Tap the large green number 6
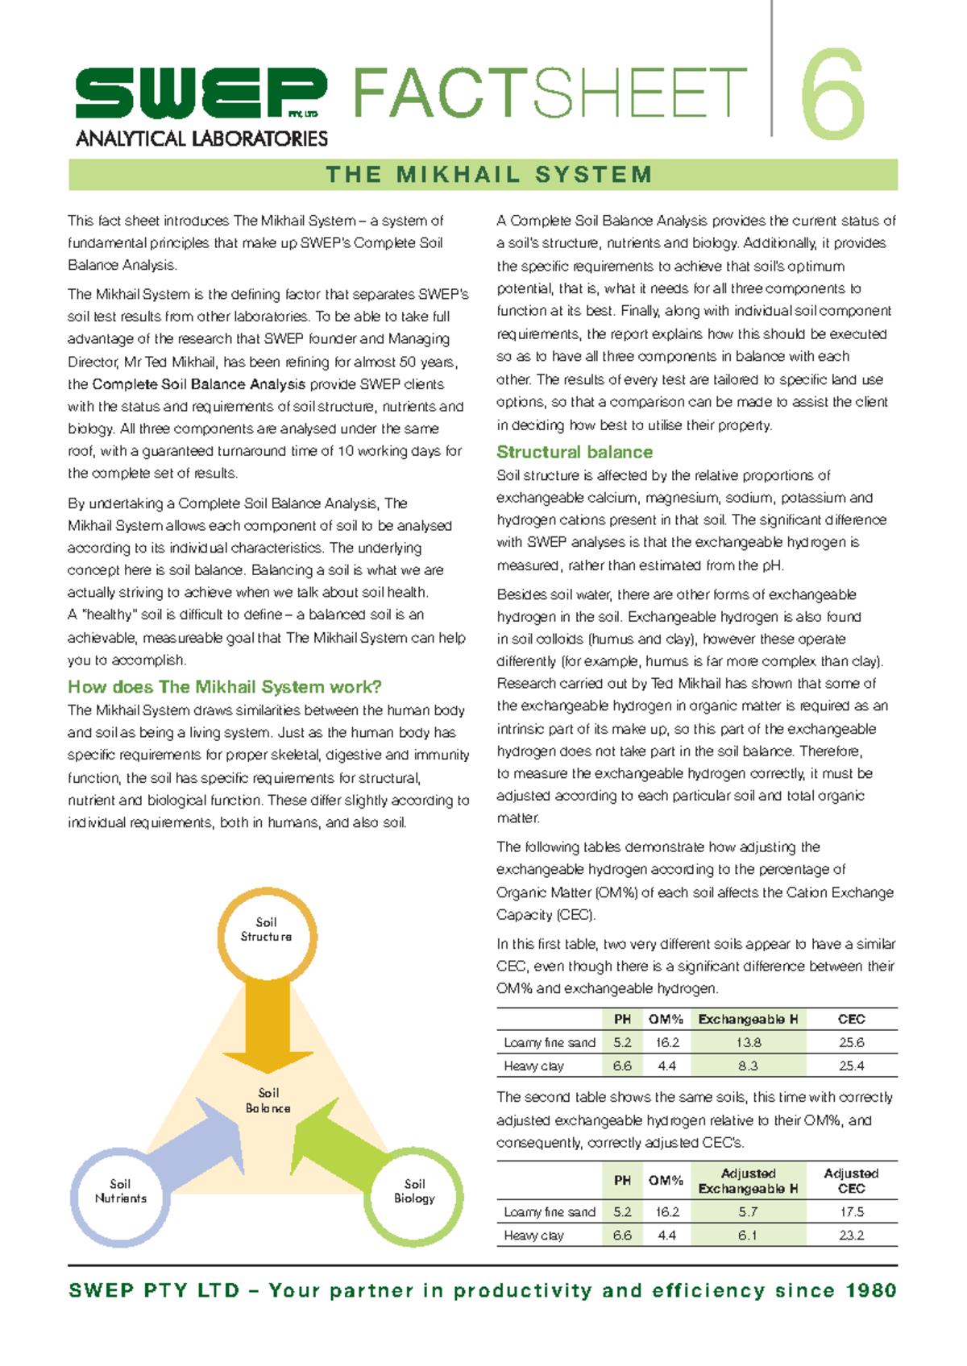tap(834, 95)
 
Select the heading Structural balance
tap(574, 452)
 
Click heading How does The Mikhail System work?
tap(224, 687)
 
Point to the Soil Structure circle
tap(267, 934)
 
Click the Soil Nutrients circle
tap(120, 1195)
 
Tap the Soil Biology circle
tap(414, 1195)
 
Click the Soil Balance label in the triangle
tap(268, 1100)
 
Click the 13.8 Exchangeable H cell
tap(748, 1042)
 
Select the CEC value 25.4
tap(851, 1066)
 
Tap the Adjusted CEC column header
tap(851, 1181)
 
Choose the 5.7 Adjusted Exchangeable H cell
tap(748, 1211)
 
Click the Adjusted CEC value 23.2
tap(851, 1235)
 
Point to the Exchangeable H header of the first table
tap(748, 1019)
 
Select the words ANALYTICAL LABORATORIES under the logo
tap(201, 139)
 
